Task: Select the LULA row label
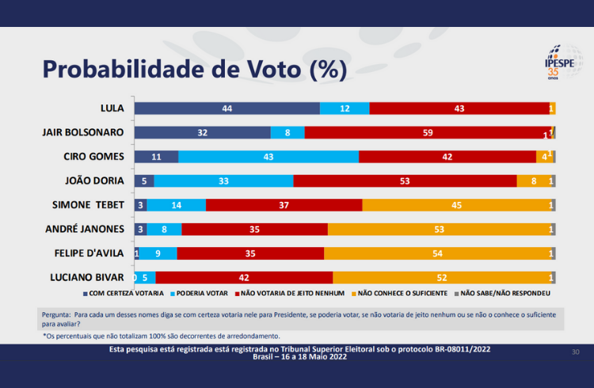pos(111,108)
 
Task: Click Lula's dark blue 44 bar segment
pos(227,108)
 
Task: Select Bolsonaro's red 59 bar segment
pos(428,132)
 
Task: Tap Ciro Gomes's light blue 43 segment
pos(268,157)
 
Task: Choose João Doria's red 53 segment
pos(405,181)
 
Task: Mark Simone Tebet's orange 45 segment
pos(456,205)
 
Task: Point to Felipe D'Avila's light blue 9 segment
pos(158,253)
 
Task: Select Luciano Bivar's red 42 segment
pos(245,277)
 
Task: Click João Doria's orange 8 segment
pos(533,181)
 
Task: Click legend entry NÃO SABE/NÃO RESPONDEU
pos(505,293)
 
